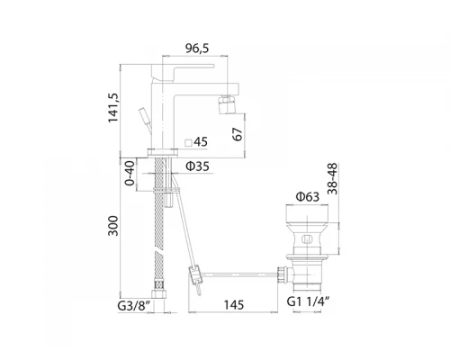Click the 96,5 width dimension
pyautogui.click(x=197, y=48)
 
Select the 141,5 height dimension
pyautogui.click(x=113, y=108)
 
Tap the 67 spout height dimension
pyautogui.click(x=237, y=134)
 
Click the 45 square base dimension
pyautogui.click(x=201, y=142)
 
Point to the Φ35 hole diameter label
pyautogui.click(x=197, y=166)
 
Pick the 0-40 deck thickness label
pyautogui.click(x=130, y=174)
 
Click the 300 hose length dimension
pyautogui.click(x=113, y=226)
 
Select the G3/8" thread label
pyautogui.click(x=133, y=306)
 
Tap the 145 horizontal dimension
pyautogui.click(x=234, y=305)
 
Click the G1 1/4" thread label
pyautogui.click(x=308, y=301)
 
